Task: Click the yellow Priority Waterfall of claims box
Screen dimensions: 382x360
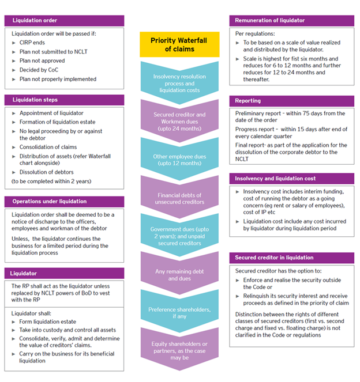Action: click(179, 44)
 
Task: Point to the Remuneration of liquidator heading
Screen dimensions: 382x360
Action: click(291, 20)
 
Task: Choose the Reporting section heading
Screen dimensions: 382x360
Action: click(291, 101)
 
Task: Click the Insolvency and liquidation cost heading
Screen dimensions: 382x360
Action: click(291, 179)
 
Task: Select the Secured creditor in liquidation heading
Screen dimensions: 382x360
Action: click(291, 257)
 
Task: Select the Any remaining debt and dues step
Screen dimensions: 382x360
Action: click(179, 274)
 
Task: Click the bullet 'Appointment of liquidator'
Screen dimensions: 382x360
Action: click(51, 113)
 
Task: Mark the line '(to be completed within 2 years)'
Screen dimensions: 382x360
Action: click(51, 181)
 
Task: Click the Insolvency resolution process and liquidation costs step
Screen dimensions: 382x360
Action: click(179, 80)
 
